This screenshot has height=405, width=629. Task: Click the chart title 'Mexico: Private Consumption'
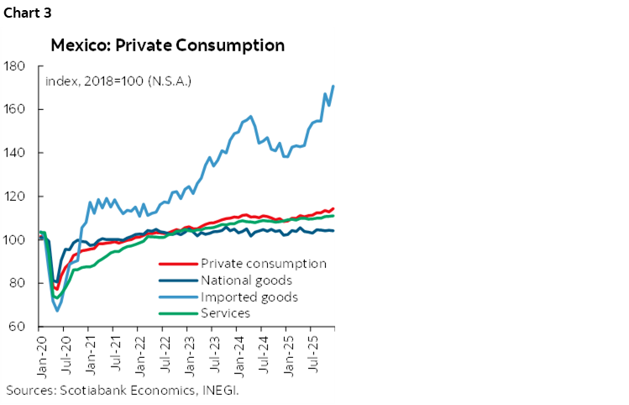[167, 45]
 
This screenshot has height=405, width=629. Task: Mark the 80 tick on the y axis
[18, 284]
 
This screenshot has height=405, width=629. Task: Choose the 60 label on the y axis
[18, 327]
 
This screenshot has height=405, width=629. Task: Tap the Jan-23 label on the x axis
[190, 357]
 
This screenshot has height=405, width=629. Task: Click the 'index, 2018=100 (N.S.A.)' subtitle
[118, 82]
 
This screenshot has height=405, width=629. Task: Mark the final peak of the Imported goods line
[334, 86]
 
